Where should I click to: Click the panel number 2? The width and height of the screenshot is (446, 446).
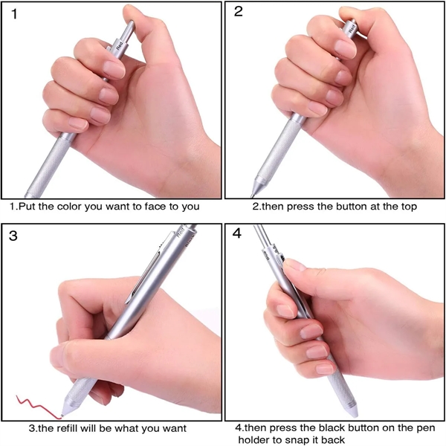239,11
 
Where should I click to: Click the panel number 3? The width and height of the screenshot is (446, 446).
13,236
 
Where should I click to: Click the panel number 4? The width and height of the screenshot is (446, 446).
237,233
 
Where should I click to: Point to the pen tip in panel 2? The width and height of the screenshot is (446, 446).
252,195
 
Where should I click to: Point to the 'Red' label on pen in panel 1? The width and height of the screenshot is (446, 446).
120,45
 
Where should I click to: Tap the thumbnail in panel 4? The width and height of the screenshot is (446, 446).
294,265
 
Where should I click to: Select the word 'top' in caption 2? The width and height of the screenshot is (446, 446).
409,207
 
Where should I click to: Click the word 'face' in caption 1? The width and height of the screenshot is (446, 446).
155,206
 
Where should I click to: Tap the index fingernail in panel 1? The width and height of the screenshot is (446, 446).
114,70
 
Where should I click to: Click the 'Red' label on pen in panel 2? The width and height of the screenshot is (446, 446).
352,28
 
